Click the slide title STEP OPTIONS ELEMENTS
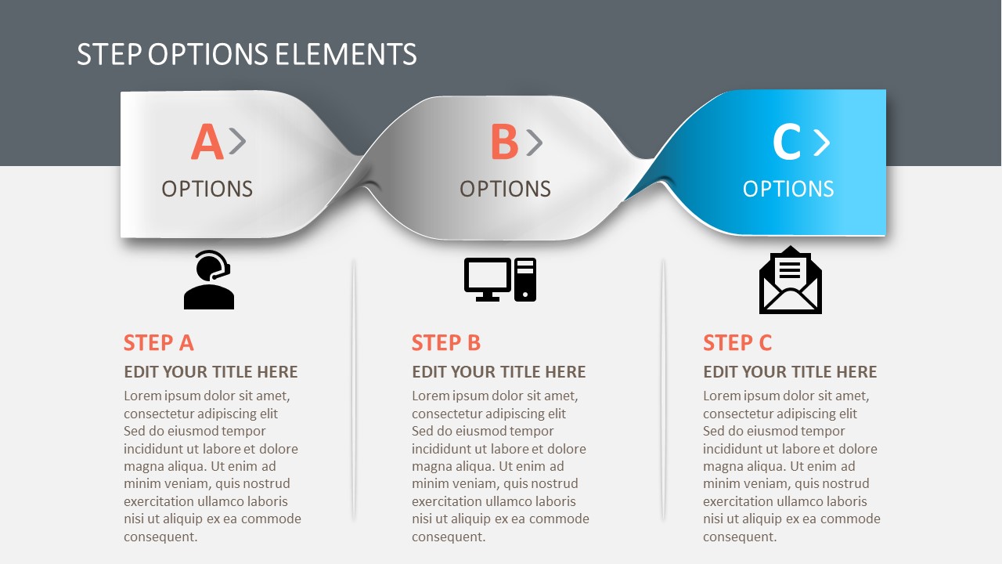[x=247, y=54]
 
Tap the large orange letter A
[x=207, y=143]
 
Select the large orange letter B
[x=504, y=143]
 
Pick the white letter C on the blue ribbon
[x=786, y=143]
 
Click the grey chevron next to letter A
[x=237, y=142]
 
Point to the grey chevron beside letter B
[x=534, y=142]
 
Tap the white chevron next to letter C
[x=821, y=143]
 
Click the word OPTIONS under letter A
[x=207, y=189]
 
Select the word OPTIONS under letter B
[x=505, y=189]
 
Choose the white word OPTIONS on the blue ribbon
[x=788, y=189]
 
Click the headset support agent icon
[x=209, y=280]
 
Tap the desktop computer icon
[x=500, y=280]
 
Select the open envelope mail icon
[x=791, y=280]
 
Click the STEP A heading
[x=159, y=342]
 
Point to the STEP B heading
[x=446, y=342]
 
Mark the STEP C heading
[x=737, y=342]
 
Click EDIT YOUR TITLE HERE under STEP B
[x=499, y=371]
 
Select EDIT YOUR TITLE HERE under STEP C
[x=790, y=371]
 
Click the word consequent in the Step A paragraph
[x=160, y=537]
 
